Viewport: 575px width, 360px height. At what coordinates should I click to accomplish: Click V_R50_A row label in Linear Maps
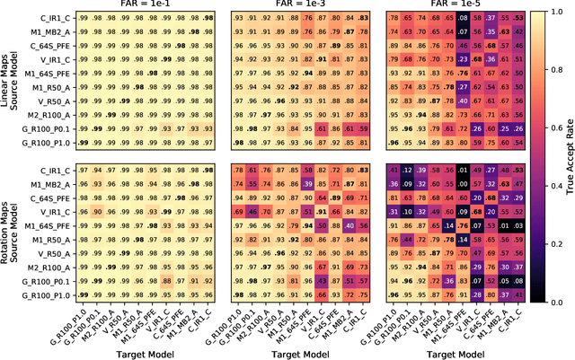pyautogui.click(x=56, y=101)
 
